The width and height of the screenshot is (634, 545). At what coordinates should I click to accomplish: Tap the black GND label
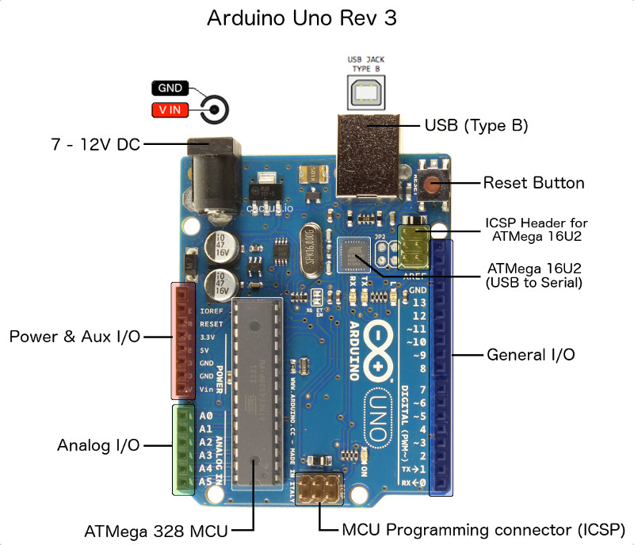point(169,88)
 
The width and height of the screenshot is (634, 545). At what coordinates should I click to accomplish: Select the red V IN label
point(169,110)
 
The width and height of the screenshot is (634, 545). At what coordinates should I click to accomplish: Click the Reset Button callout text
point(533,183)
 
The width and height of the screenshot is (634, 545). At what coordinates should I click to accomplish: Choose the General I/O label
point(530,354)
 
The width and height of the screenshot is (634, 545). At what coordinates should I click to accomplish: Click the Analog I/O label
point(98,445)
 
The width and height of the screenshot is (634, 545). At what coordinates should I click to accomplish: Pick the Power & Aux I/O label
point(74,337)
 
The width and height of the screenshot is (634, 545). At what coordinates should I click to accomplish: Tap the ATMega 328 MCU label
point(155,529)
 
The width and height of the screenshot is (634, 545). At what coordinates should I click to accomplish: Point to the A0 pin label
point(206,416)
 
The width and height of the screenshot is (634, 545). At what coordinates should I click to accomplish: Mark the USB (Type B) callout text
point(475,125)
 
